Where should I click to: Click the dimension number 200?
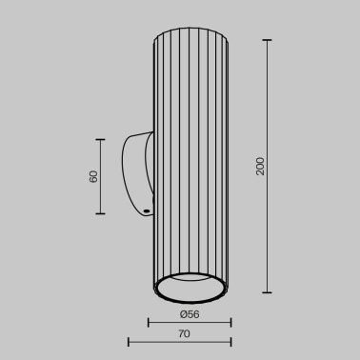click(x=258, y=167)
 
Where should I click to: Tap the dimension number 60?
click(x=92, y=178)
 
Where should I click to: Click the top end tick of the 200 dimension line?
click(x=267, y=40)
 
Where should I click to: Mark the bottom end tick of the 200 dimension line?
click(x=267, y=292)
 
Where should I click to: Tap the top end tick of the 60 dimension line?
click(x=100, y=138)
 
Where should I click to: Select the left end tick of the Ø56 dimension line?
click(x=150, y=321)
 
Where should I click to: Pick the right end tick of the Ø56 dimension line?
click(x=230, y=321)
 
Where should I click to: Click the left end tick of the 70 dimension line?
click(x=130, y=342)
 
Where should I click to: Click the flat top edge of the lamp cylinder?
click(x=190, y=35)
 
